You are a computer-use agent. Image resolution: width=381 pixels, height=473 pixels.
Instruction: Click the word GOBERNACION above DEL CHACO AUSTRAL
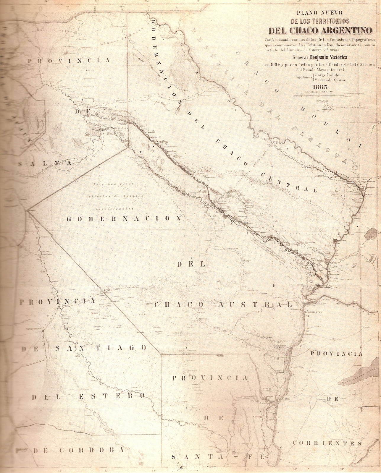pos(124,218)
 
